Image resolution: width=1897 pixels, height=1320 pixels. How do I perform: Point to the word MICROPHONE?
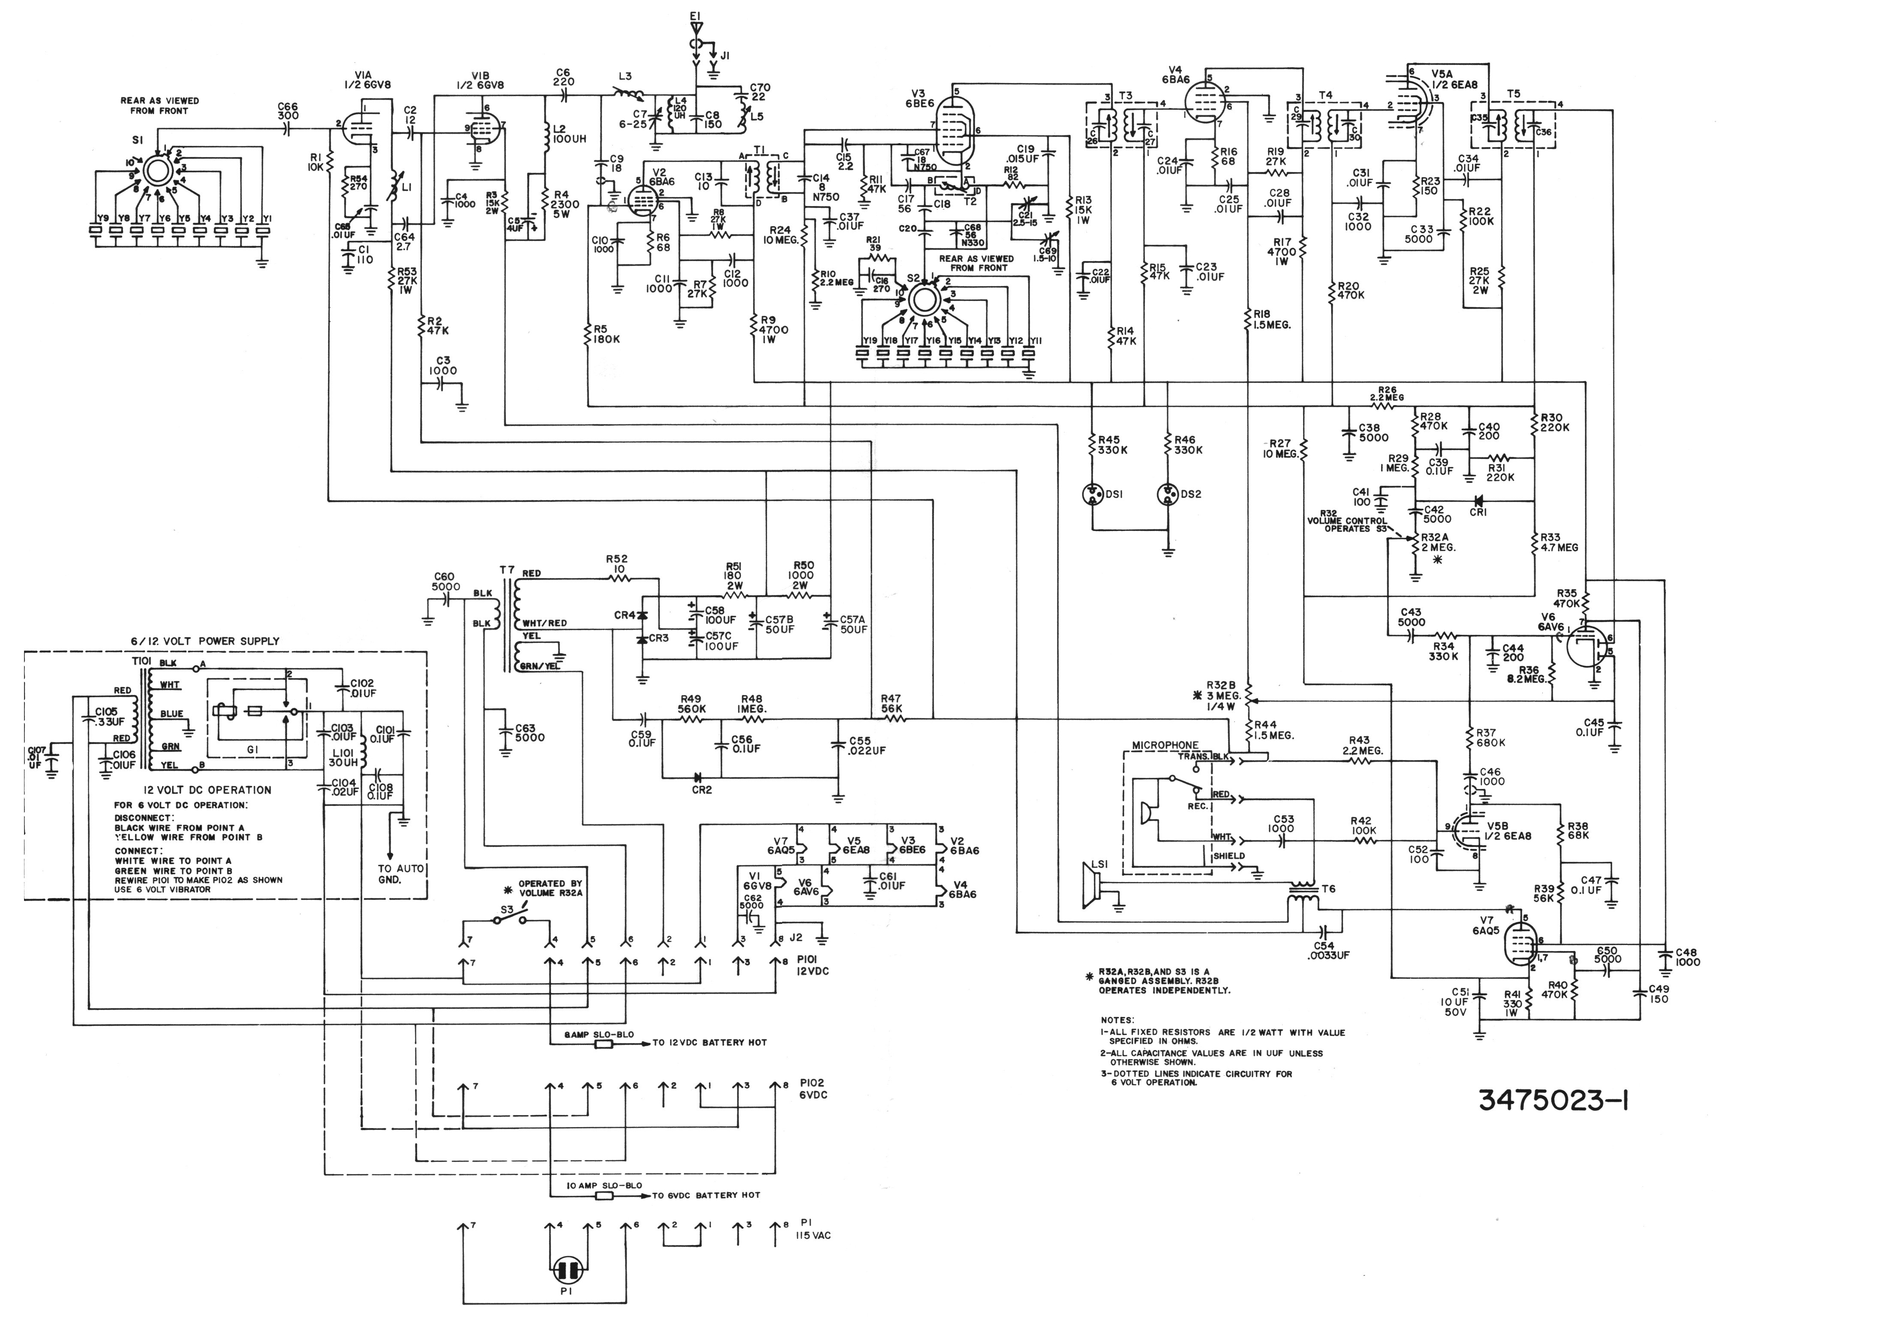coord(1165,745)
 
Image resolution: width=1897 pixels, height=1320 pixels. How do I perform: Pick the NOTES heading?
coord(1117,1020)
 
